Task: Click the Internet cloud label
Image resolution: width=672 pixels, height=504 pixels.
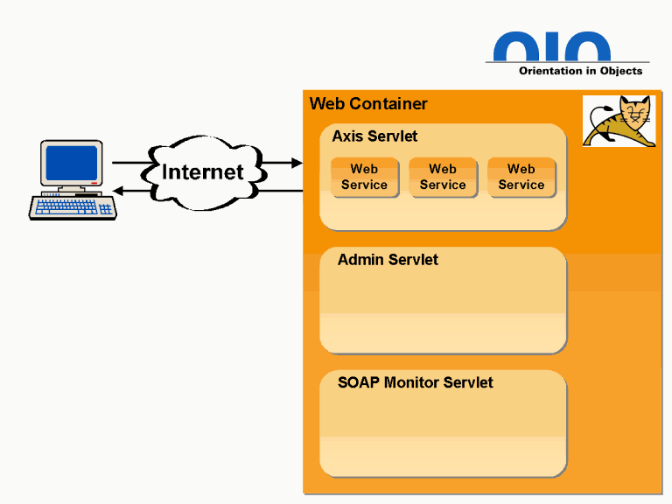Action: (203, 171)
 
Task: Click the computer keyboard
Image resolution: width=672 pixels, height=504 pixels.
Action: (73, 207)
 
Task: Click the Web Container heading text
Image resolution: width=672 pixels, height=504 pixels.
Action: (368, 104)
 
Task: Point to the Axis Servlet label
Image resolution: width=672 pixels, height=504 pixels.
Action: (374, 136)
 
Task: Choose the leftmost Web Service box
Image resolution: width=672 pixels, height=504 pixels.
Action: (364, 177)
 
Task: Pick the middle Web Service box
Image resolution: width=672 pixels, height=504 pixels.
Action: (443, 177)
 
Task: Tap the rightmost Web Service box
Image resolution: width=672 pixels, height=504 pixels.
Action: (521, 177)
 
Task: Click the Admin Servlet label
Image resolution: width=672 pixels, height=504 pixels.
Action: (388, 260)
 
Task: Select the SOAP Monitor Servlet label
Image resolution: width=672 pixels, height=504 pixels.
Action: (416, 382)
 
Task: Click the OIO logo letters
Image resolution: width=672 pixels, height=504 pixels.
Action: (552, 47)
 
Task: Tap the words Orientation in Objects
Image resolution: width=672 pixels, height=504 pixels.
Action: (580, 71)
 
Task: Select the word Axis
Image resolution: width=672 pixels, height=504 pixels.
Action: (347, 136)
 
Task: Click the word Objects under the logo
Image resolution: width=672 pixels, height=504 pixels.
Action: (621, 71)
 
